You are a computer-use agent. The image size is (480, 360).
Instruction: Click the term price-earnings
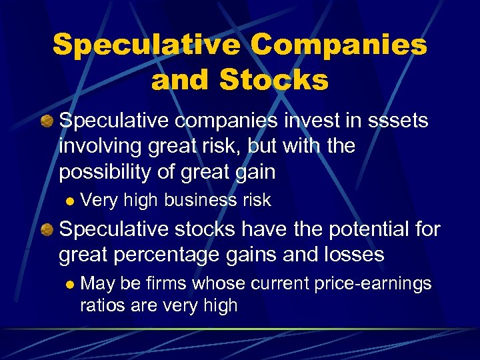pyautogui.click(x=371, y=284)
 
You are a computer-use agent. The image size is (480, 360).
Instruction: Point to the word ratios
pyautogui.click(x=102, y=306)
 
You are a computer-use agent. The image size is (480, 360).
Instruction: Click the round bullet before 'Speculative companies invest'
pyautogui.click(x=47, y=121)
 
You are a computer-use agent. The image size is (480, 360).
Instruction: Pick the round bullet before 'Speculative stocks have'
pyautogui.click(x=47, y=230)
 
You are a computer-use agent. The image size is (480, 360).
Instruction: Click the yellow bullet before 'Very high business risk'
pyautogui.click(x=67, y=200)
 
